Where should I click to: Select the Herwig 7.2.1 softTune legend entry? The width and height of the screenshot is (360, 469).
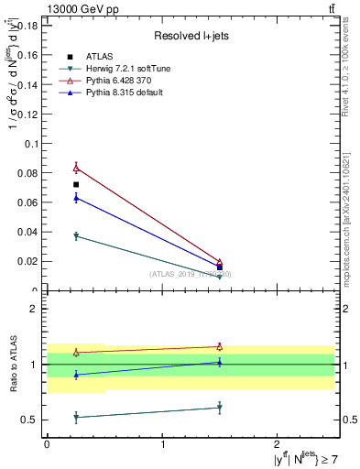(127, 70)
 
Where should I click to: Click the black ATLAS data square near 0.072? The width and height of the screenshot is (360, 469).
(76, 185)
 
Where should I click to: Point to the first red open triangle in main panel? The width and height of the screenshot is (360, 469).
(76, 168)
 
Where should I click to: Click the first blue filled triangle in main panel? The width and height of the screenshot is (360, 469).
(76, 198)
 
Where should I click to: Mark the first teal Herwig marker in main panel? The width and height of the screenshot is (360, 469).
(76, 236)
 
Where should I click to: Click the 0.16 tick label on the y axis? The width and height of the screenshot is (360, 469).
(28, 55)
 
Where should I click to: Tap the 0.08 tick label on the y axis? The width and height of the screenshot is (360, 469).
(28, 173)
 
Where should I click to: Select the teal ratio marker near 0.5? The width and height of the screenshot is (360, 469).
(76, 417)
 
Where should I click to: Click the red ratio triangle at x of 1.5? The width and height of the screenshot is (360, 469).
(220, 346)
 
